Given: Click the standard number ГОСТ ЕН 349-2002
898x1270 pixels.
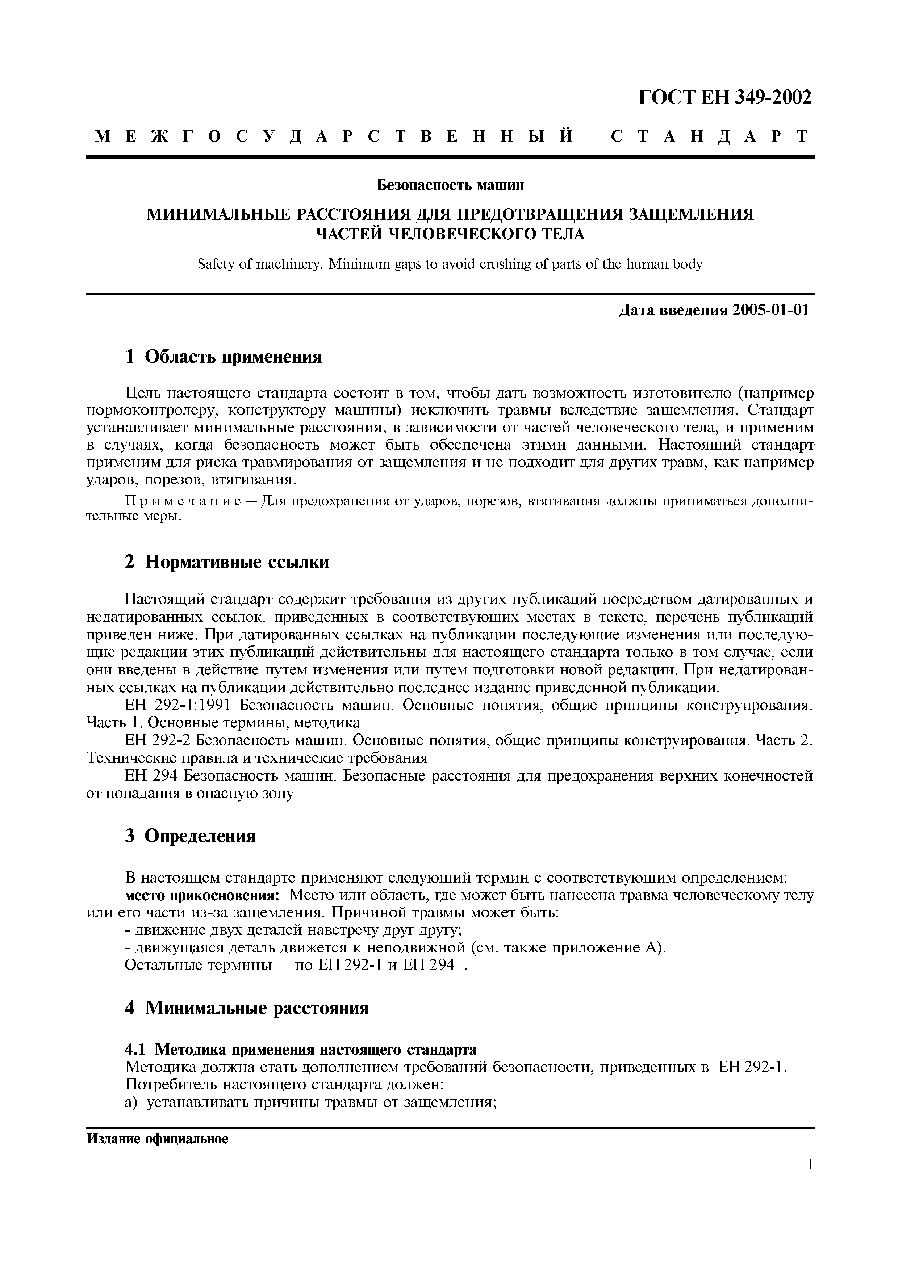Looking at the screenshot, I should click(725, 98).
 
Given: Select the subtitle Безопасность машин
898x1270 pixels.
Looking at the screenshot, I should click(450, 186).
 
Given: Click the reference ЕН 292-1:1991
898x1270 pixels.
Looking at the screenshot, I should click(181, 706).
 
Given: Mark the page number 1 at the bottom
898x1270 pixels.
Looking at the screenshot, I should click(810, 1165).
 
